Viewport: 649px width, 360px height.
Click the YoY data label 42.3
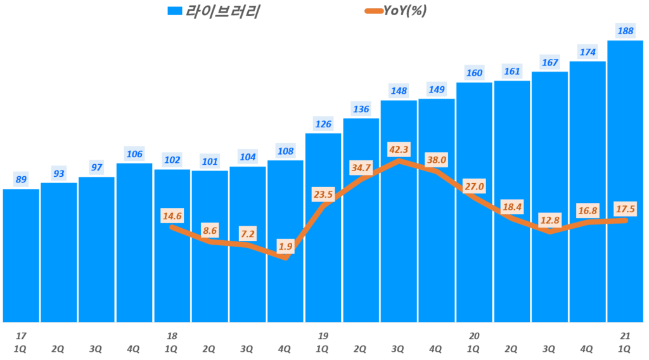pos(399,150)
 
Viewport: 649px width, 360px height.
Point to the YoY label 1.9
pos(285,247)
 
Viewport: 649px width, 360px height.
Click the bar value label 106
pos(134,154)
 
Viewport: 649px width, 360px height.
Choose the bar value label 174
pos(588,52)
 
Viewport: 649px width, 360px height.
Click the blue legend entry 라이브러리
pos(215,11)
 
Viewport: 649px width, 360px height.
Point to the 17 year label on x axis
pos(21,335)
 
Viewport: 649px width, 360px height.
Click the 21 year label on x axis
pos(625,335)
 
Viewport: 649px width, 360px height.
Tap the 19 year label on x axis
pos(323,335)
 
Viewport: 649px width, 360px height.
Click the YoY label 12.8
pos(549,219)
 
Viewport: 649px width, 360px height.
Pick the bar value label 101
pos(210,161)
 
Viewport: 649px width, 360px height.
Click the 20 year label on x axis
pos(474,335)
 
